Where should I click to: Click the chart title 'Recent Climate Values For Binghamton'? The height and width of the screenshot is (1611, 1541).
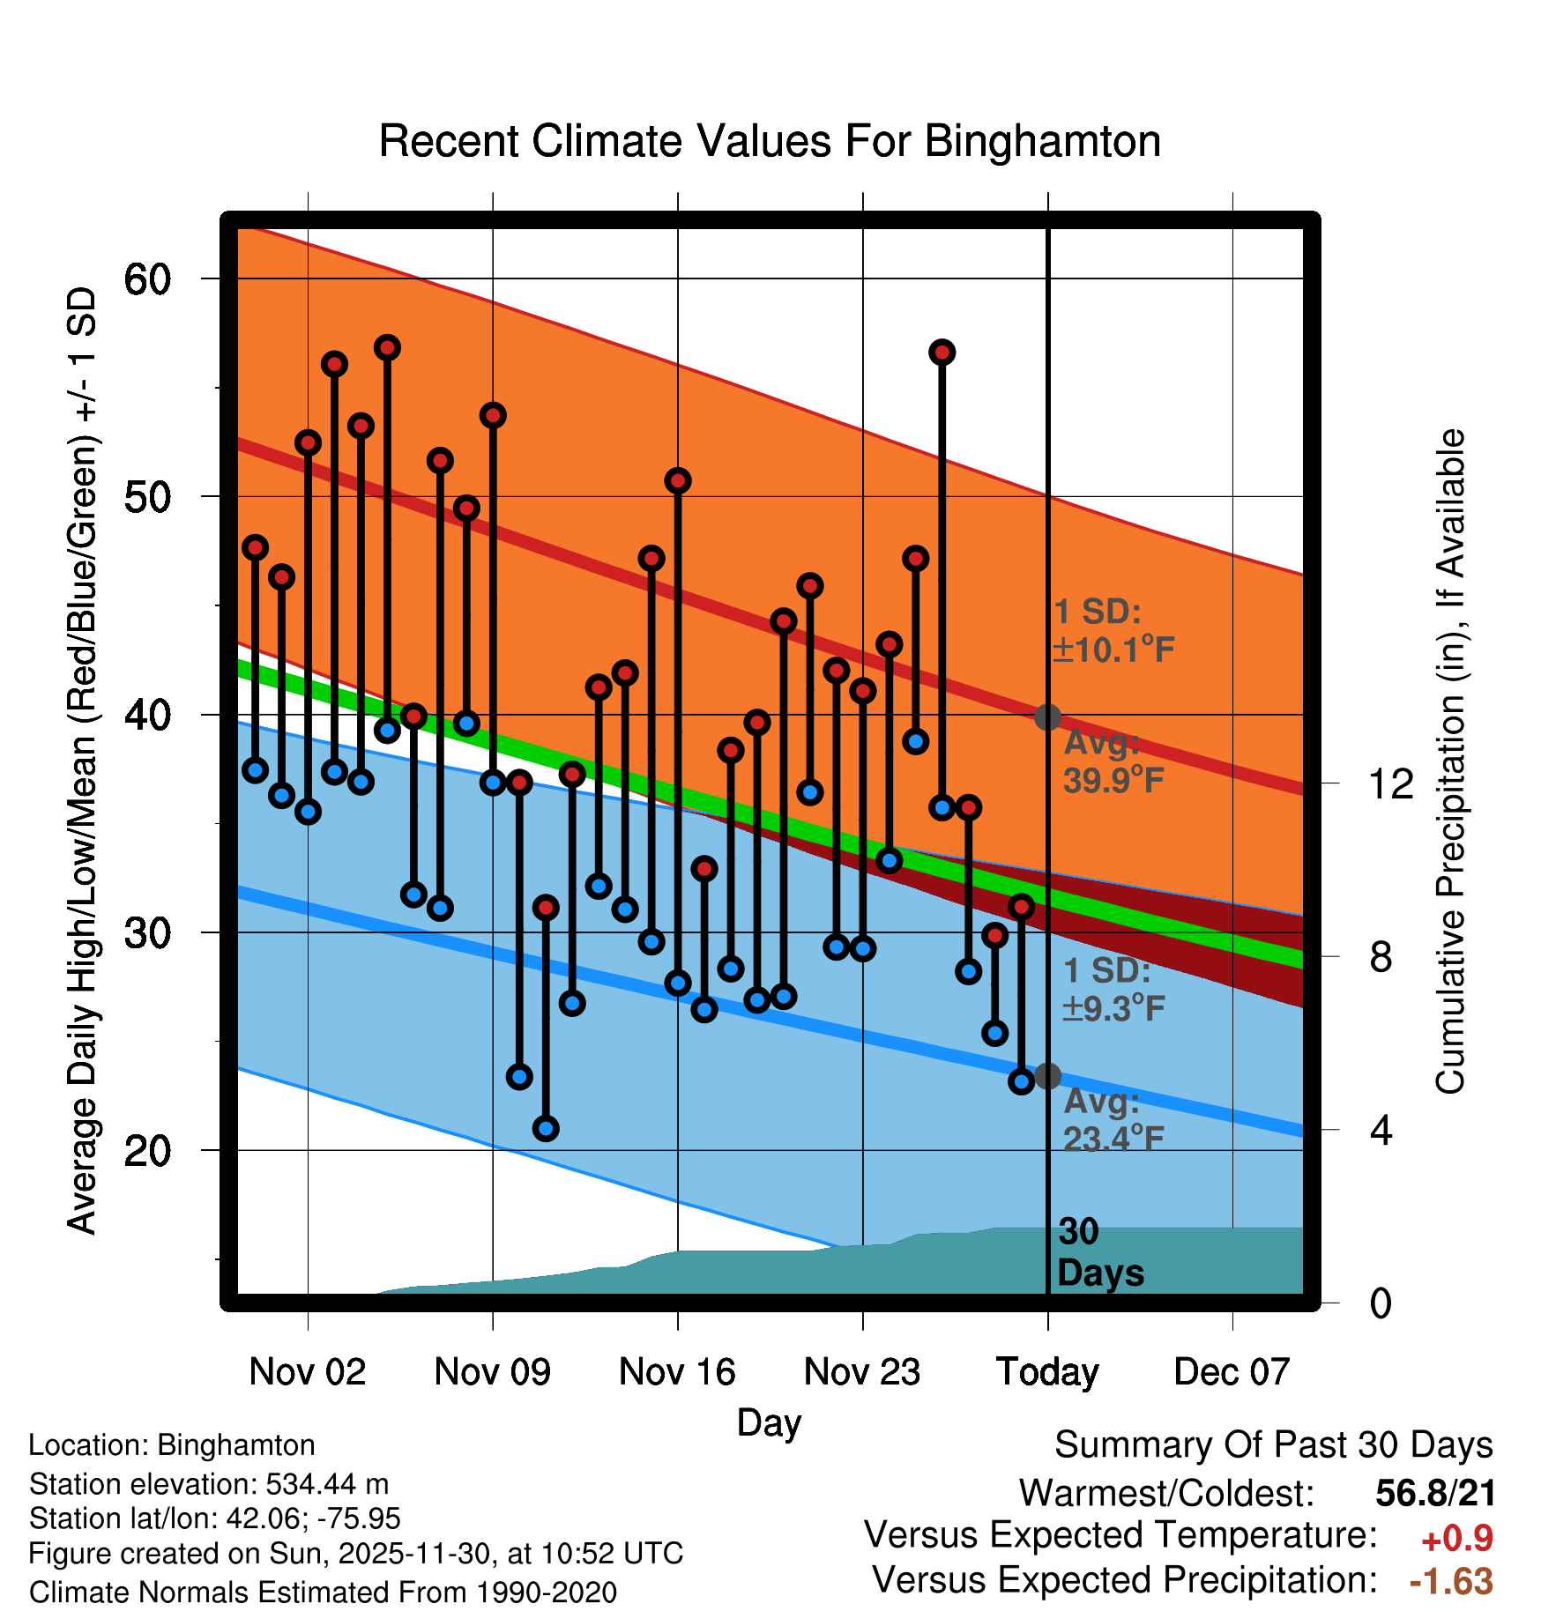770,141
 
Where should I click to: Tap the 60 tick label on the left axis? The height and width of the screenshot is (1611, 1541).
147,279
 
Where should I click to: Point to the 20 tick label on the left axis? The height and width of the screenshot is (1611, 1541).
147,1151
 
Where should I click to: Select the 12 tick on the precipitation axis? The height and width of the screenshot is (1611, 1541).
1390,784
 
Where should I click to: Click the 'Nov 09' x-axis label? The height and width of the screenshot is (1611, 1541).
492,1372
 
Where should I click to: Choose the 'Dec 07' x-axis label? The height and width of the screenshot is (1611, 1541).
1232,1372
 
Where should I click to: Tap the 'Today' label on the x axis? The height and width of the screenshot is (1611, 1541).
1047,1372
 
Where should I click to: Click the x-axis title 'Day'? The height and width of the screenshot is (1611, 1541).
769,1422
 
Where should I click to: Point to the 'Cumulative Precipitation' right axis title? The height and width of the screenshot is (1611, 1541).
1450,761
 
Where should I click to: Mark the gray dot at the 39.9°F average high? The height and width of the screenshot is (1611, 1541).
1047,716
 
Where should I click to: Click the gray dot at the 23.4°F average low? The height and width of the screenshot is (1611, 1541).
1047,1076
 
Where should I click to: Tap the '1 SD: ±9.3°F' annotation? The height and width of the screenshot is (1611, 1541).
1113,990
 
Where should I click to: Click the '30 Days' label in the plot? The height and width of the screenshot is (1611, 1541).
1099,1252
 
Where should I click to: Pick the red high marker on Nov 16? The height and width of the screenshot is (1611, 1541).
678,481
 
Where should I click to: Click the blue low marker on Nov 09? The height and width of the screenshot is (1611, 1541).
493,782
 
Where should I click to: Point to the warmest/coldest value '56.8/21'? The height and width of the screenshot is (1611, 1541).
1435,1494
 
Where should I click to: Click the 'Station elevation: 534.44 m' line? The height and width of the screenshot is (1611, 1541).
209,1484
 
